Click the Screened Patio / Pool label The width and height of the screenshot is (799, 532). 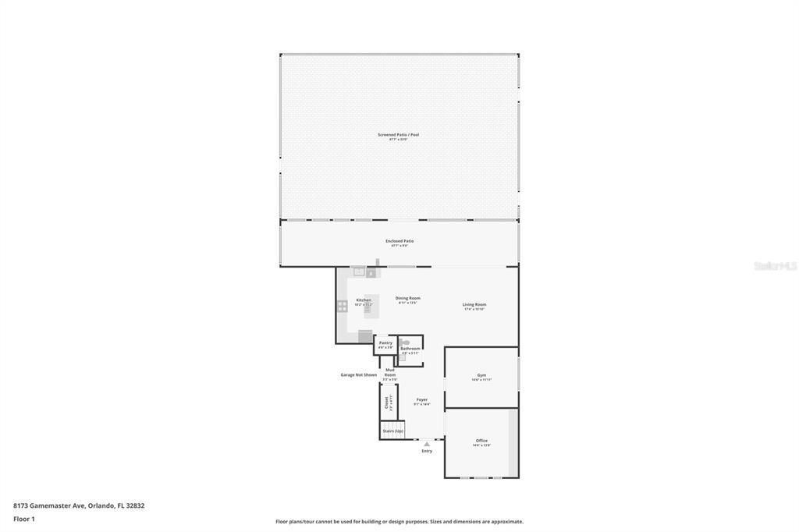(x=399, y=135)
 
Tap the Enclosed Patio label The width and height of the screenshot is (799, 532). (x=399, y=241)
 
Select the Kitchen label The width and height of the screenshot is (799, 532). (x=364, y=300)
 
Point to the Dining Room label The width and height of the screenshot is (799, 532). (x=407, y=298)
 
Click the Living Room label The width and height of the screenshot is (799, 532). (x=474, y=304)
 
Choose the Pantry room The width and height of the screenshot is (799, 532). (x=385, y=344)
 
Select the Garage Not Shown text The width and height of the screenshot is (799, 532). (x=358, y=374)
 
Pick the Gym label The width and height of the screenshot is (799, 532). (x=481, y=375)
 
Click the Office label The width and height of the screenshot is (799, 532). (x=481, y=441)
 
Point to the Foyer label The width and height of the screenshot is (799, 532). (x=421, y=399)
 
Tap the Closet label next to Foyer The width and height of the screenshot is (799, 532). (x=386, y=402)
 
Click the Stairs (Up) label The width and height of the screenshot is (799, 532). (x=392, y=431)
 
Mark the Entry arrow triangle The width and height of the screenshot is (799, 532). (x=427, y=444)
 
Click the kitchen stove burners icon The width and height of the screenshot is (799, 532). (x=343, y=307)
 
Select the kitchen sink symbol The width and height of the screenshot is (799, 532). (x=359, y=272)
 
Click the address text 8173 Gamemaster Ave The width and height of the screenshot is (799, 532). (x=79, y=505)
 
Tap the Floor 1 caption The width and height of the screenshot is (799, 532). (x=24, y=519)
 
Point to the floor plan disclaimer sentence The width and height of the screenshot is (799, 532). (x=399, y=522)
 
